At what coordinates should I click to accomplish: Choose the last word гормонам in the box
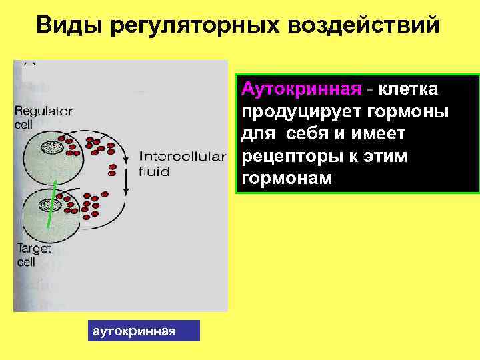[286, 179]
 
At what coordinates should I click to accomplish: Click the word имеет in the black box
[382, 134]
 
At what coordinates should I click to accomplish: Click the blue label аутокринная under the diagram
[144, 331]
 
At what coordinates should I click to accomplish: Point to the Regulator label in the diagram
[43, 111]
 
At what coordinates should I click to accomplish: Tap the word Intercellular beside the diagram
[182, 157]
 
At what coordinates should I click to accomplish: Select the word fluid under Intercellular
[155, 171]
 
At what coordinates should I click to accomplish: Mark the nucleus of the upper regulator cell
[51, 148]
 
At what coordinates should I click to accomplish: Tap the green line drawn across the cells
[51, 203]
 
